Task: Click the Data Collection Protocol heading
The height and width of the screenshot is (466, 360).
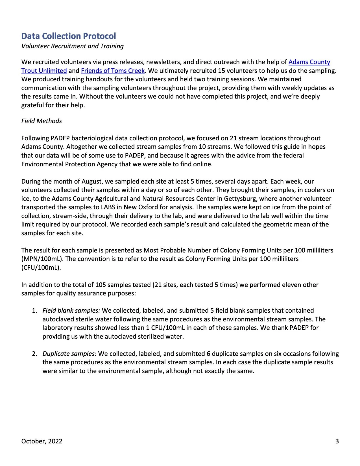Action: pyautogui.click(x=69, y=36)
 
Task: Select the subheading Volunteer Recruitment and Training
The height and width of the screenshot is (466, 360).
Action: pyautogui.click(x=73, y=46)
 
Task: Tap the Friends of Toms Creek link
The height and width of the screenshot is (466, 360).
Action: pyautogui.click(x=113, y=71)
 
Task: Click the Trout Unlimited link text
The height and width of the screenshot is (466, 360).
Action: pyautogui.click(x=44, y=71)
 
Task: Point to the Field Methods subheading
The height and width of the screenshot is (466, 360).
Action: pyautogui.click(x=42, y=121)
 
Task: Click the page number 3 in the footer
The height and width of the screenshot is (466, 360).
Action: pyautogui.click(x=337, y=441)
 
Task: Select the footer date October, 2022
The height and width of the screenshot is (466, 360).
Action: pyautogui.click(x=42, y=441)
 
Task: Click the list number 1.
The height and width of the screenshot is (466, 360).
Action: pyautogui.click(x=34, y=310)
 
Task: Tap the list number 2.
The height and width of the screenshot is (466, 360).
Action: pyautogui.click(x=34, y=354)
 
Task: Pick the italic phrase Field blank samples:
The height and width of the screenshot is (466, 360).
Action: pyautogui.click(x=71, y=310)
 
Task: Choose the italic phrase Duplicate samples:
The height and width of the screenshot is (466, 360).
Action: pyautogui.click(x=69, y=354)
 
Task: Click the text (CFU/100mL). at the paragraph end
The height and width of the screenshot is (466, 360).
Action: pyautogui.click(x=41, y=267)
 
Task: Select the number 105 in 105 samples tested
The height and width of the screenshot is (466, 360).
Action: pyautogui.click(x=101, y=285)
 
